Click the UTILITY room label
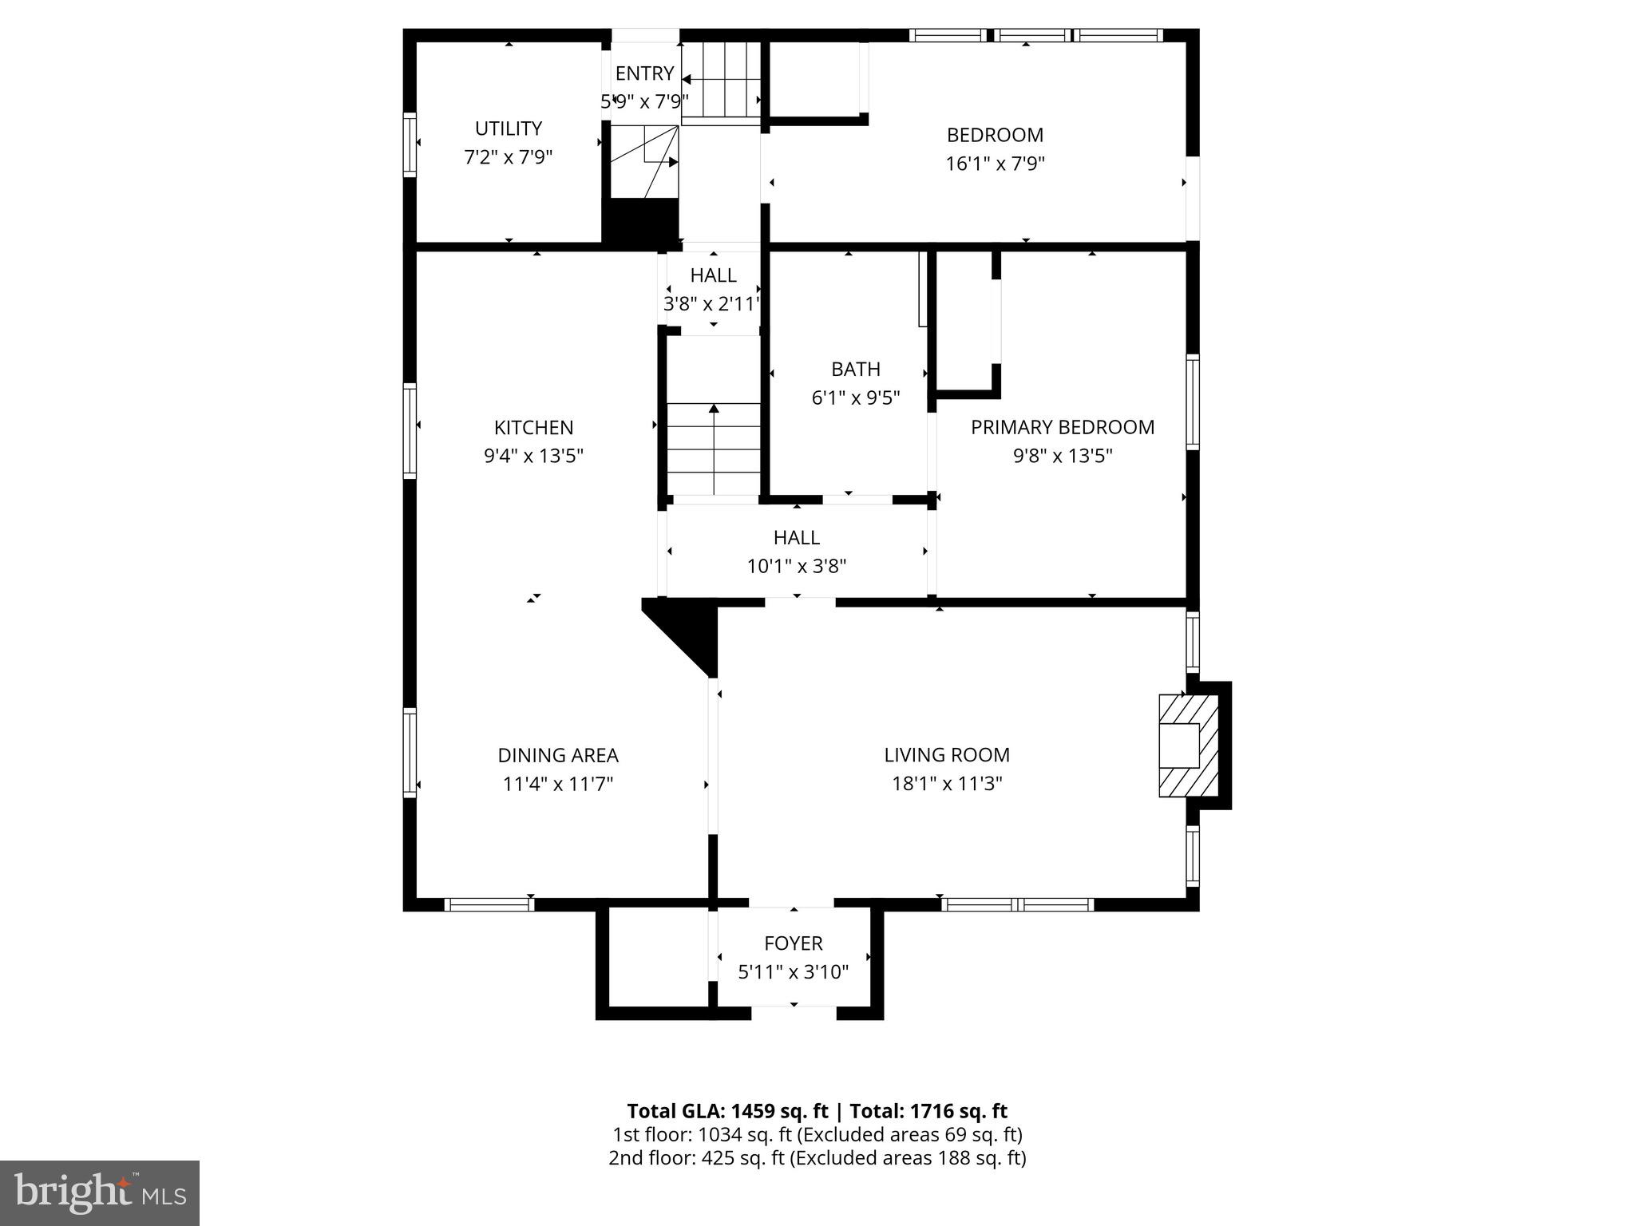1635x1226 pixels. click(x=508, y=129)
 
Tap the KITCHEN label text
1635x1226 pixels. click(x=533, y=428)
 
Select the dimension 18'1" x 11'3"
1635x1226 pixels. click(x=947, y=784)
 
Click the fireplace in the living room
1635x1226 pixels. click(x=1189, y=745)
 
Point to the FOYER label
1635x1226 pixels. click(x=793, y=943)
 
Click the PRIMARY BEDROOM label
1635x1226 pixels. click(x=1062, y=428)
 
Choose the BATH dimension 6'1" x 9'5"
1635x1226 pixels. click(x=856, y=397)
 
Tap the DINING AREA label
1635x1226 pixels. click(x=558, y=755)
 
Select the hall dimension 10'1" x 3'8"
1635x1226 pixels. click(x=796, y=567)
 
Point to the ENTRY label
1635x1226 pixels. click(x=644, y=73)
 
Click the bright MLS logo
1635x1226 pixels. click(x=100, y=1192)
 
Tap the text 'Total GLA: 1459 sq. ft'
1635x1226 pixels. click(x=728, y=1111)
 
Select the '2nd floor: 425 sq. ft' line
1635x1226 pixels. click(x=697, y=1157)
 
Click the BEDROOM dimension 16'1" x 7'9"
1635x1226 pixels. click(x=995, y=164)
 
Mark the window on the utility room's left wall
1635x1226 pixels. click(x=410, y=144)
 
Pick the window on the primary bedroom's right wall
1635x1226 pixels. click(x=1192, y=401)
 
